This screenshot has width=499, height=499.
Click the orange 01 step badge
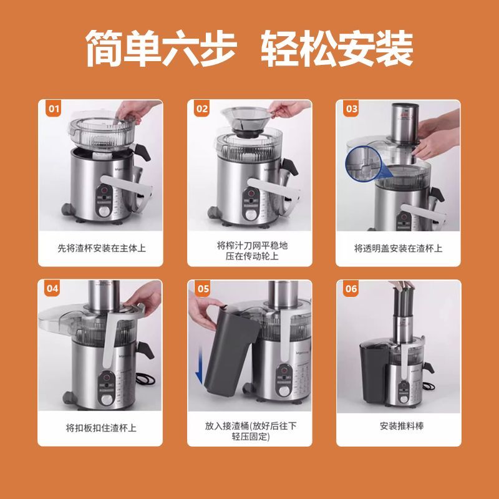54,109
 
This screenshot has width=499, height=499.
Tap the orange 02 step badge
201,109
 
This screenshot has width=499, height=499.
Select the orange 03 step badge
351,109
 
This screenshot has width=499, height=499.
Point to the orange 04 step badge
52,289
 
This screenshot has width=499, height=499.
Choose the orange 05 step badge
203,289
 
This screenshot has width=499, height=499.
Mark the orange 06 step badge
351,289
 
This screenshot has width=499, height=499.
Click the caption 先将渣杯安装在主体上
102,248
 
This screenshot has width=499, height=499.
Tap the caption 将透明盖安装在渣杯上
398,248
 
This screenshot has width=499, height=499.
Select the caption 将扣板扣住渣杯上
101,428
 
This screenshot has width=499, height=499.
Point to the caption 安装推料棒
402,426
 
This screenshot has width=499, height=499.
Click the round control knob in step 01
104,211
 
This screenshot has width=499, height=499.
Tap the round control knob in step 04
107,399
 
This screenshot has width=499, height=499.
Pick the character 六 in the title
181,48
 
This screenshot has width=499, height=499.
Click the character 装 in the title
394,48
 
